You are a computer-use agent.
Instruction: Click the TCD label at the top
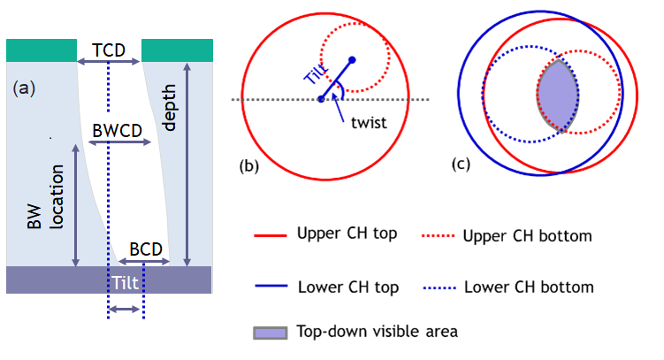(108, 49)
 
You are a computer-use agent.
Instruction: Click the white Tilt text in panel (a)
(125, 281)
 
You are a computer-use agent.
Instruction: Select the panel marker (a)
(24, 88)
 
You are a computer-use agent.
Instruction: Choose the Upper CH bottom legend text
(527, 236)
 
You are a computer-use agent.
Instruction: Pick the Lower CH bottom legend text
(528, 287)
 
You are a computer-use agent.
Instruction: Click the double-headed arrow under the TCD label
(108, 61)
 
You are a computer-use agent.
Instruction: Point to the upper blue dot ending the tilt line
(353, 60)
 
